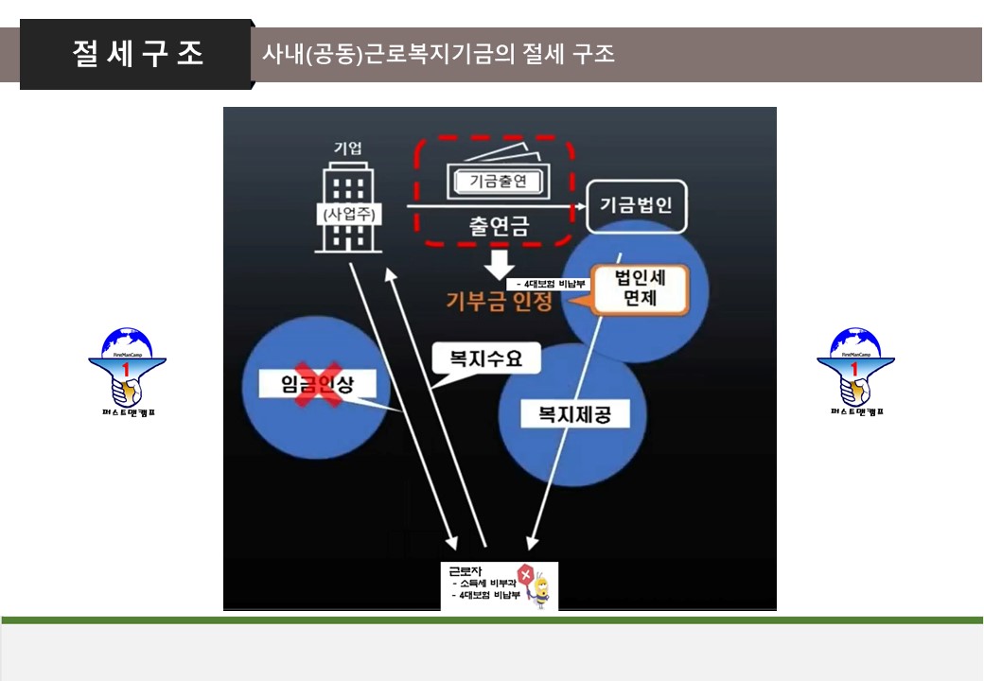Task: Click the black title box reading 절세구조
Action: click(136, 54)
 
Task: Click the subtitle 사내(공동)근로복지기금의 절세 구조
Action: click(438, 54)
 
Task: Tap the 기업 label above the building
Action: click(347, 148)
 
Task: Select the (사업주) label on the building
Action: click(350, 214)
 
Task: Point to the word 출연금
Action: click(498, 226)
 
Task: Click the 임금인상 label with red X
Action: click(315, 383)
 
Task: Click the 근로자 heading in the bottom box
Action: click(465, 570)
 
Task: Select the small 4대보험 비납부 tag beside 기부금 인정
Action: click(549, 284)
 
